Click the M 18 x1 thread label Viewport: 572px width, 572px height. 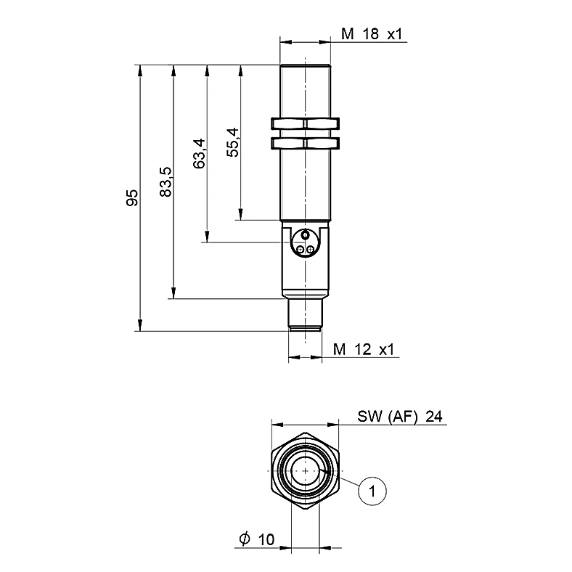(372, 34)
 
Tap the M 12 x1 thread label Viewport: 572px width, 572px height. (364, 349)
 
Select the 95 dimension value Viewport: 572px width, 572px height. (132, 197)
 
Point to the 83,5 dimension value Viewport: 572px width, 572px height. (166, 182)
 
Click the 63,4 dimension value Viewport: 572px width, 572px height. (199, 154)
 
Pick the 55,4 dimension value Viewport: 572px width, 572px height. (233, 142)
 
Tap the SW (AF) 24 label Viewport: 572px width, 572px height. (400, 416)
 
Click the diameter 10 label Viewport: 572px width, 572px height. (257, 539)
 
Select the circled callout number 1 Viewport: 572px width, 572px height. (372, 491)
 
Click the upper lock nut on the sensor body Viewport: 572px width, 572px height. (306, 123)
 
